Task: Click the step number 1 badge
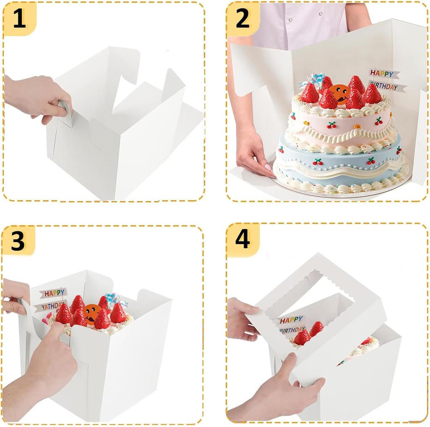coord(19,19)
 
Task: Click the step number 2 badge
coord(242,19)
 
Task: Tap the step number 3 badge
coord(18,241)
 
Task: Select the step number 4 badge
coord(242,240)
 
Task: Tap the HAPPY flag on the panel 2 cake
coord(381,74)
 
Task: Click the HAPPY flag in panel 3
coord(53,293)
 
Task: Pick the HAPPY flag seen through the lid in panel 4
coord(291,320)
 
